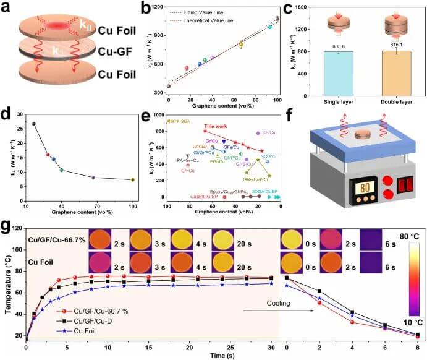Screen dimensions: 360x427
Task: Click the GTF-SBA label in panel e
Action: click(179, 121)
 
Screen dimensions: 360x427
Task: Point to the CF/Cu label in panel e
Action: click(269, 132)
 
